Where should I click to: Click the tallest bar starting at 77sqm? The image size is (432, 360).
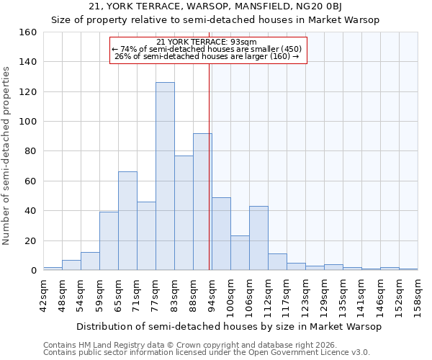(165, 176)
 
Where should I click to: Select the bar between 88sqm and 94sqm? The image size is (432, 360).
(202, 202)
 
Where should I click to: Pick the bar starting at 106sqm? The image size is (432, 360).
(258, 238)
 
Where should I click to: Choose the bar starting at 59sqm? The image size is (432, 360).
(109, 241)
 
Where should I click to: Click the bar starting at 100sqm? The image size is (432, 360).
(240, 253)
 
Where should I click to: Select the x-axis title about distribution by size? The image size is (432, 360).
(228, 326)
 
